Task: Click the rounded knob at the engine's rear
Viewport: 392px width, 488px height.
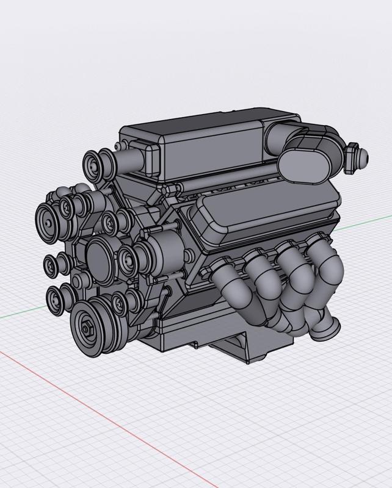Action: point(356,156)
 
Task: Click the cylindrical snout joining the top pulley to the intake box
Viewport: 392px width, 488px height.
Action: point(126,161)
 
